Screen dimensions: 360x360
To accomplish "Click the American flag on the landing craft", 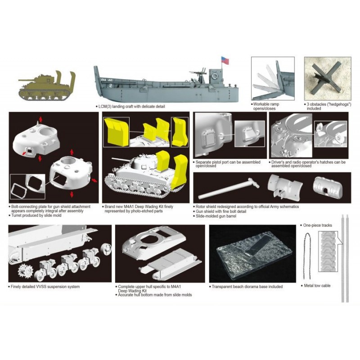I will click(225, 60).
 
